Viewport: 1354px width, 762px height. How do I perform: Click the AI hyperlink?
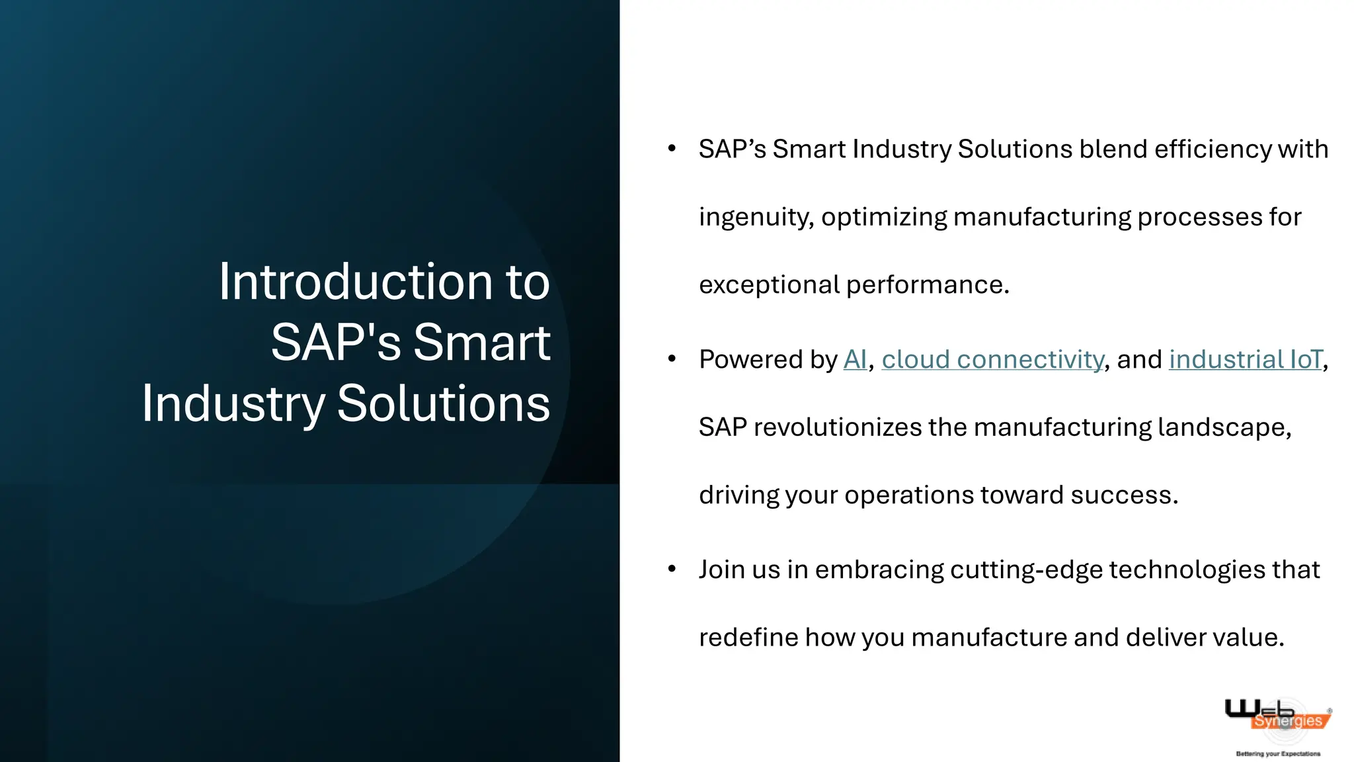point(854,359)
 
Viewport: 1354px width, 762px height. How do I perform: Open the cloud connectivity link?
point(992,359)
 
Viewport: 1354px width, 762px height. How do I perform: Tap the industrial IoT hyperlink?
point(1246,359)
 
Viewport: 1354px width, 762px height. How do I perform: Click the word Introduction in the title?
point(355,282)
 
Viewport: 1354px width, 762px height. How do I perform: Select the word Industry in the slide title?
point(233,403)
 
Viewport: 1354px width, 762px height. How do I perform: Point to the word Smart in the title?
point(481,343)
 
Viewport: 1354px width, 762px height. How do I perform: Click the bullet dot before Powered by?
point(672,359)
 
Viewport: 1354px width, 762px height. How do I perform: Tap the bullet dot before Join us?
point(672,569)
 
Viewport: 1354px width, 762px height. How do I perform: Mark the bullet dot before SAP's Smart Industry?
point(672,148)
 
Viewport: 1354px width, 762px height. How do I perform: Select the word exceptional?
point(769,285)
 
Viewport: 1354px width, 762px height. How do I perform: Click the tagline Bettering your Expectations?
point(1278,753)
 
